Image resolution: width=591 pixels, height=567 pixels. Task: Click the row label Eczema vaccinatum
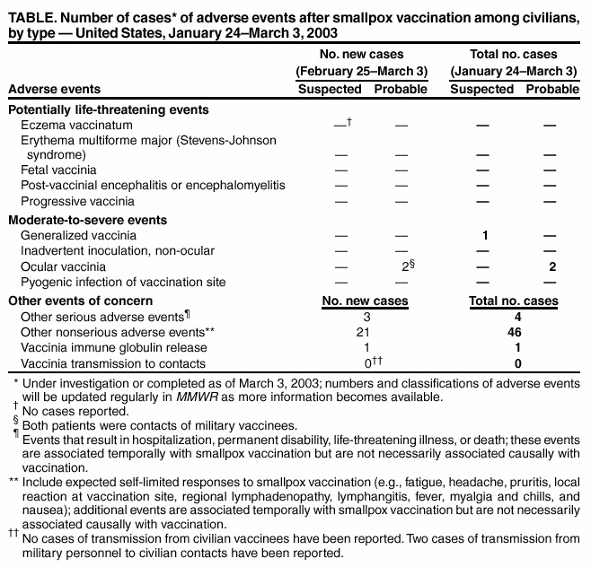click(x=76, y=124)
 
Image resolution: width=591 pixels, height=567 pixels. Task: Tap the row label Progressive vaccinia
click(x=77, y=201)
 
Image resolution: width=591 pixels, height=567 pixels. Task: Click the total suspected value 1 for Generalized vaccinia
click(x=484, y=235)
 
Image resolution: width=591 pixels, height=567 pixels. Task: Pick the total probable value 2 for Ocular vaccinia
click(x=552, y=267)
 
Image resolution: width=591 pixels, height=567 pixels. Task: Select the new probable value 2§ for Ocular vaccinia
click(x=405, y=266)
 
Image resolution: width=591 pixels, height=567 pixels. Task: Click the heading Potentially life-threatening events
click(x=108, y=109)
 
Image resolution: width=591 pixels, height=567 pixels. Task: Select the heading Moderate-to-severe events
click(x=85, y=220)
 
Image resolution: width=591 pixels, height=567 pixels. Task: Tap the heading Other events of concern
click(x=80, y=301)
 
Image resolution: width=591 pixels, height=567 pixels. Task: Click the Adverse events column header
click(x=54, y=89)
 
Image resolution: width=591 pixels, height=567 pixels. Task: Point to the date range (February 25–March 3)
click(x=361, y=71)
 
